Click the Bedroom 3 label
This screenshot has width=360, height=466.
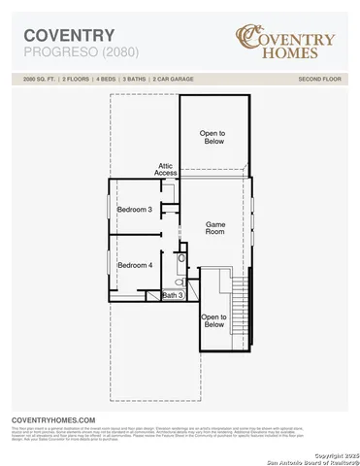[135, 210]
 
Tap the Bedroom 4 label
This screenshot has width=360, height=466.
[135, 265]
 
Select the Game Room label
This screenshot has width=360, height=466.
[215, 229]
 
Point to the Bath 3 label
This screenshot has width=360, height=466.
[172, 295]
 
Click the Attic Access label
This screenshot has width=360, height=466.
[166, 170]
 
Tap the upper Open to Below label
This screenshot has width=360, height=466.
[213, 138]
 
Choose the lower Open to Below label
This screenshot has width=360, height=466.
[213, 321]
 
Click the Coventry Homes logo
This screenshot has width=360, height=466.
[286, 42]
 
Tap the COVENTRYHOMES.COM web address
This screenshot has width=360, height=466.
[52, 417]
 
